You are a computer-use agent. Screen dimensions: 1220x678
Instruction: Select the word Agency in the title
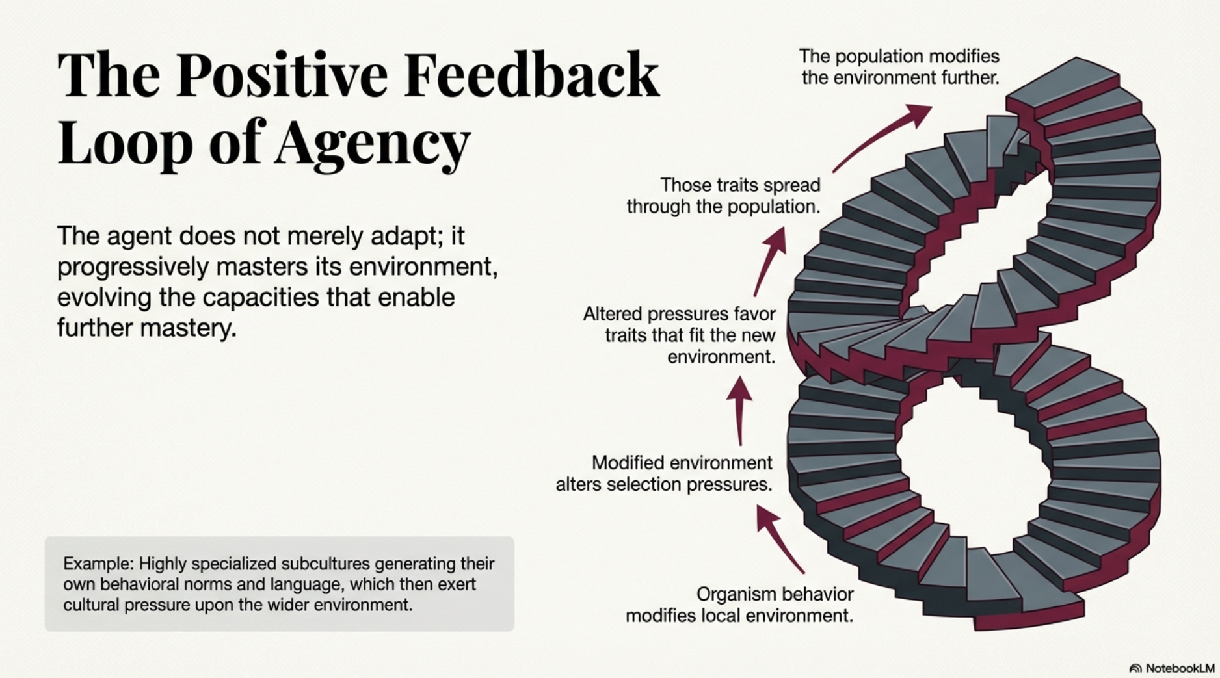[x=371, y=143]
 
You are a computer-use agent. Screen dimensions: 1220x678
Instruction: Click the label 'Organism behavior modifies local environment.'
[x=739, y=605]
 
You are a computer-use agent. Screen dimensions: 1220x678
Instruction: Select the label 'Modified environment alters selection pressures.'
[x=664, y=473]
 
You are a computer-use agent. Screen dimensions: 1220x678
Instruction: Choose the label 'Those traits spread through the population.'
[x=723, y=196]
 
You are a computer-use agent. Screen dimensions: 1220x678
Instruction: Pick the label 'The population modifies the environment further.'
[x=899, y=66]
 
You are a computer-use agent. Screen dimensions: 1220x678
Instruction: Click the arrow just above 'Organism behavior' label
[x=780, y=539]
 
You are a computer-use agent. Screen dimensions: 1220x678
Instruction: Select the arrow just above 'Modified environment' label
[x=739, y=410]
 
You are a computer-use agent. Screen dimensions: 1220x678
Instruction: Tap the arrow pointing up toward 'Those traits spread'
[x=770, y=261]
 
